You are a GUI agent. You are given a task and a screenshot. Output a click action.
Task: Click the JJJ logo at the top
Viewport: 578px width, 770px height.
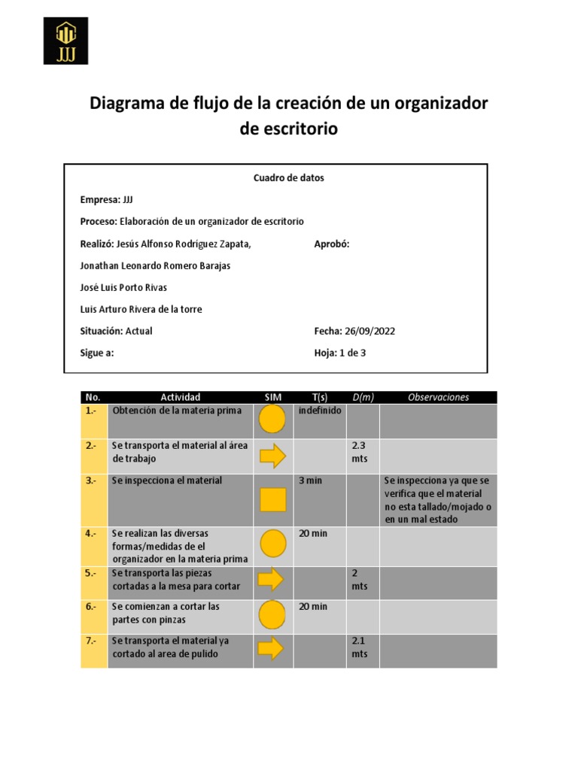pos(65,41)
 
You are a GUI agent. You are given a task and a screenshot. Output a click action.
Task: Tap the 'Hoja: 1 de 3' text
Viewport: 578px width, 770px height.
pos(339,353)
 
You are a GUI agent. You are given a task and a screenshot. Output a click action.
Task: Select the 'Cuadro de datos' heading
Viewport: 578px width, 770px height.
pos(288,178)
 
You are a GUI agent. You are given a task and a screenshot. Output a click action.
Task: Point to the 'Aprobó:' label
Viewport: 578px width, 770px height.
pos(331,244)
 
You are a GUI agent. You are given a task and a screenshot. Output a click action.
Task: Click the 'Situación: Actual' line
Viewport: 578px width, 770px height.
pos(116,331)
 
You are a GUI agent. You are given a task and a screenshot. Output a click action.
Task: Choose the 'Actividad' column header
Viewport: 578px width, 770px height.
pos(180,397)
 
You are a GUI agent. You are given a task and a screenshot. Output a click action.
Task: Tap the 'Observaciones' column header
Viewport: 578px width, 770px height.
pos(438,397)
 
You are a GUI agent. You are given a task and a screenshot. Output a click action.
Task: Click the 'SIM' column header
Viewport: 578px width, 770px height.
pos(272,397)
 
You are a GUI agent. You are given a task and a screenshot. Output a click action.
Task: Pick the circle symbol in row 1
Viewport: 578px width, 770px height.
pos(272,419)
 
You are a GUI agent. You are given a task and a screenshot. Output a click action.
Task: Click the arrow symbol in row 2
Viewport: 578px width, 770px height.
pos(272,456)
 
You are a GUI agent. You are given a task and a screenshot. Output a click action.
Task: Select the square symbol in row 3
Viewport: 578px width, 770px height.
pos(272,499)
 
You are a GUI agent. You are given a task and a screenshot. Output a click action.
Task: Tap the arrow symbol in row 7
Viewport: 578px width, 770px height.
pos(272,648)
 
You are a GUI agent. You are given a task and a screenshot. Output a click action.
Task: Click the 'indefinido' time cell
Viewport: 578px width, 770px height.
pos(319,411)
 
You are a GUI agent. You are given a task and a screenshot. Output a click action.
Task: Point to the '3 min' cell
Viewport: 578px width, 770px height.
pos(310,480)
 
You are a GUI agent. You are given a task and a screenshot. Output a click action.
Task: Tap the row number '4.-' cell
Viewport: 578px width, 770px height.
pos(93,534)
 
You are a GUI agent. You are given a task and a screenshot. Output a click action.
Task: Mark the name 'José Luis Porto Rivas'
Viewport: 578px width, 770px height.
pos(123,287)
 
